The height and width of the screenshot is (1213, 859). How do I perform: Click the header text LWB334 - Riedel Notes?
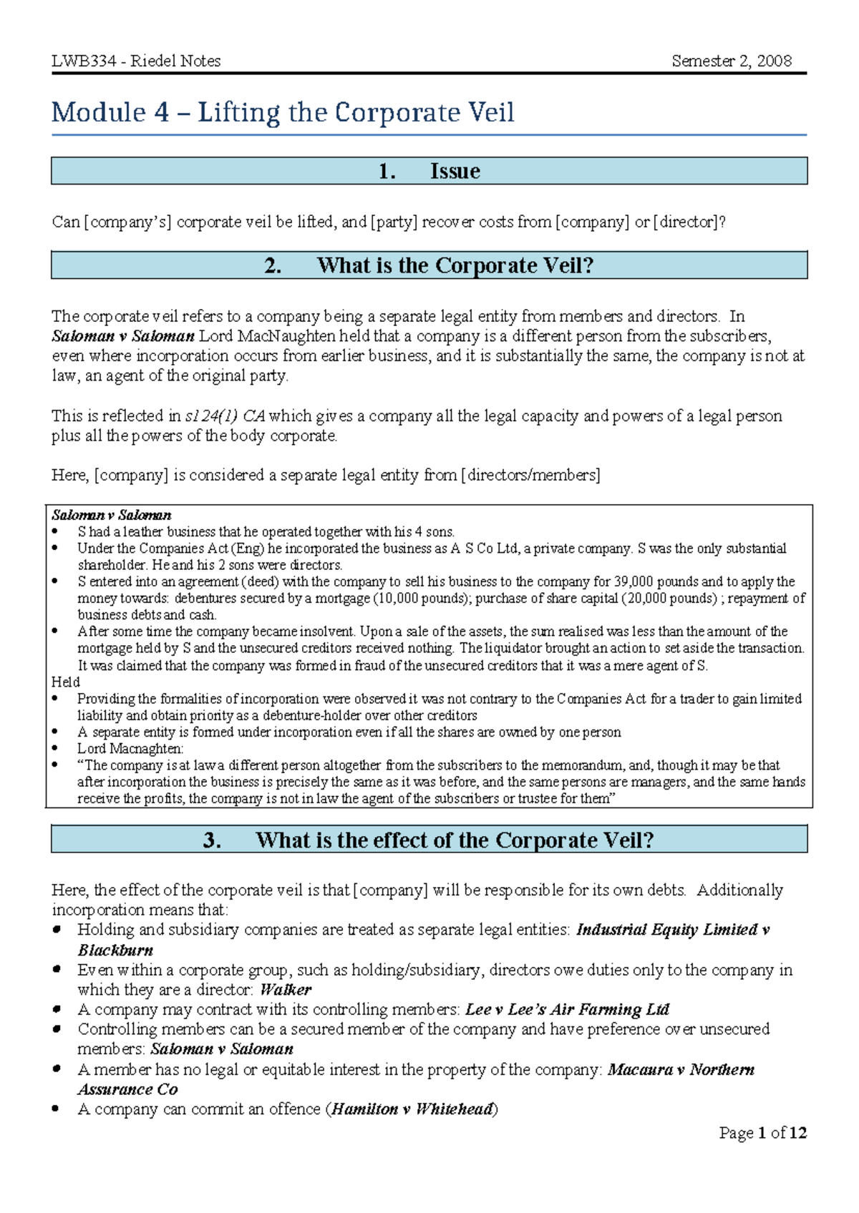point(136,61)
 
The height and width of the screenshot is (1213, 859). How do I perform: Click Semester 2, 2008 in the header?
point(731,61)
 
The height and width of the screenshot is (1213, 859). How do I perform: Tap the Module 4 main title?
point(283,112)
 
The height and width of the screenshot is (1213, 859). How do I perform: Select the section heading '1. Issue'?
point(429,171)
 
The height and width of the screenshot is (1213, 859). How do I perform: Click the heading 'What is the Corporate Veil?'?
point(455,265)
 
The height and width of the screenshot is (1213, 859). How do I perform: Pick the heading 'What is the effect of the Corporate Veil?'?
point(455,840)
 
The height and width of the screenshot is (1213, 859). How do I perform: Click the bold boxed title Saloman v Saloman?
point(111,515)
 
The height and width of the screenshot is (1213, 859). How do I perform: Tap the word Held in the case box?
point(66,682)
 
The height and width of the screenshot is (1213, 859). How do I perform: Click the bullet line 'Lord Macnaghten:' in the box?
point(130,749)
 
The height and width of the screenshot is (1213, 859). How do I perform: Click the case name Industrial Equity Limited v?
point(672,930)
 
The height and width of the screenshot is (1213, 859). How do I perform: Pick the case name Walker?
point(286,990)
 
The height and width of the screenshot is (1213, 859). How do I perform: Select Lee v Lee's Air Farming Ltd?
point(566,1010)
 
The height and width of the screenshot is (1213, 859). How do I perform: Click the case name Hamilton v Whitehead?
point(412,1109)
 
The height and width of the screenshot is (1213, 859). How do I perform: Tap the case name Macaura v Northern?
point(680,1070)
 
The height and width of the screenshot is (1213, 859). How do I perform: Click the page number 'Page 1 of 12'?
point(762,1133)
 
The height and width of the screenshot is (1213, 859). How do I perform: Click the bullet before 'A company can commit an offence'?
point(56,1109)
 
